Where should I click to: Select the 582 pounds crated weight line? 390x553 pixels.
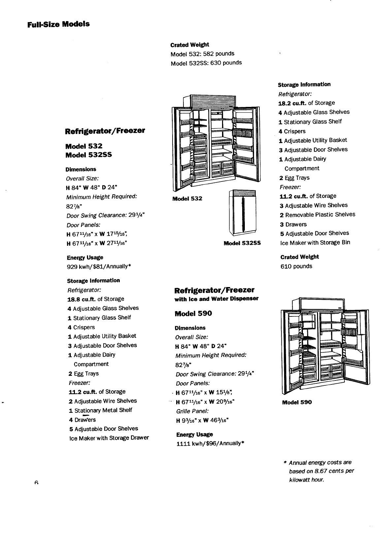(202, 53)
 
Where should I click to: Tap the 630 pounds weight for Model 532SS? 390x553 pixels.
(206, 63)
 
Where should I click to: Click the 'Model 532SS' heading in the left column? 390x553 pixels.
(88, 155)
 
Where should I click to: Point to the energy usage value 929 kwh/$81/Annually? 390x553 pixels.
(99, 266)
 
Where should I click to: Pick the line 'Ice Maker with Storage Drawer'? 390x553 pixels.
(109, 438)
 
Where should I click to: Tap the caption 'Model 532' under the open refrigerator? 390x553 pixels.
(187, 199)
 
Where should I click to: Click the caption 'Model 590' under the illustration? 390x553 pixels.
(297, 402)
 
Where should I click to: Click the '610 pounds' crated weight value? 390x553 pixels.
(296, 266)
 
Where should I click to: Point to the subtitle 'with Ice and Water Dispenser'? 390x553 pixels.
(216, 299)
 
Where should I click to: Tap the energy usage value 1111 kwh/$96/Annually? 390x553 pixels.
(210, 443)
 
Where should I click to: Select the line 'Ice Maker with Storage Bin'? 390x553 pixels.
(315, 243)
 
